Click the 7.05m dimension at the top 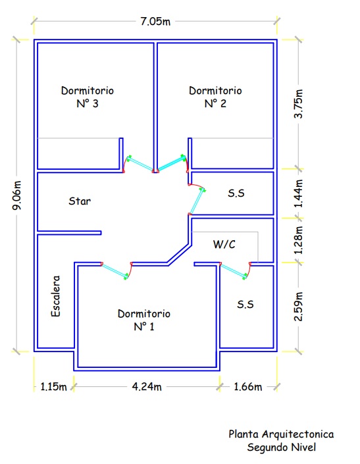click(155, 22)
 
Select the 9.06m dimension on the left click(17, 195)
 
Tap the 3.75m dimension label click(298, 103)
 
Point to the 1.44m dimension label click(298, 193)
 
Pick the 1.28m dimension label click(298, 240)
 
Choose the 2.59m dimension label click(298, 307)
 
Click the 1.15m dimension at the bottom click(53, 387)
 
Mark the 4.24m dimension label click(147, 387)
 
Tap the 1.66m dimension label click(248, 387)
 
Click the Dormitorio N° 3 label click(88, 97)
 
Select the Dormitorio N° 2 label click(215, 97)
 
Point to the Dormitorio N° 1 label click(144, 320)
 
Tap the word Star click(80, 201)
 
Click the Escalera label click(55, 296)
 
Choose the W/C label click(224, 244)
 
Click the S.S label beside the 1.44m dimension click(236, 193)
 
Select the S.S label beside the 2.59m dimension click(245, 305)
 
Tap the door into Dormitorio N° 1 click(116, 271)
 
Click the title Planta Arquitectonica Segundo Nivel click(281, 440)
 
